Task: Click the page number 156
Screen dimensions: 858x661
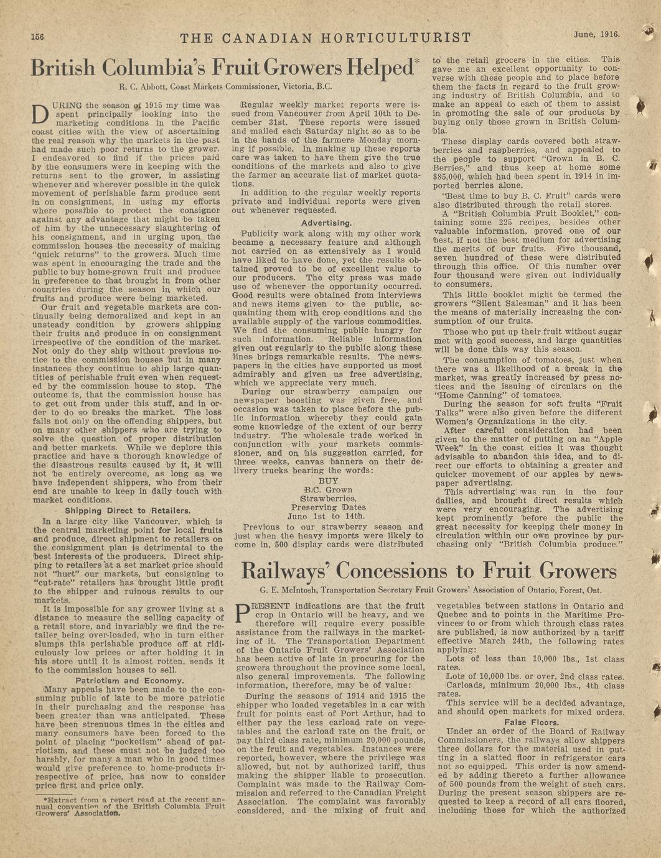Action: [x=37, y=37]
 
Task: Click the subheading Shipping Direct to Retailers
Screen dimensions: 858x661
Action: [x=128, y=511]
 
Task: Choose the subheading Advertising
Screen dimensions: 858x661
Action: [x=327, y=223]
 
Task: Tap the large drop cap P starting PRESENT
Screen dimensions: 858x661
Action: [x=243, y=614]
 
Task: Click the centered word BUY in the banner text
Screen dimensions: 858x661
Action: [x=328, y=481]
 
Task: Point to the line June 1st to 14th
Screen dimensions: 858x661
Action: [x=327, y=516]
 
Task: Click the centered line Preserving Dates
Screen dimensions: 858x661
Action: [x=328, y=507]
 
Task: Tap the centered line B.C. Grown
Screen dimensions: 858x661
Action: [x=327, y=490]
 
